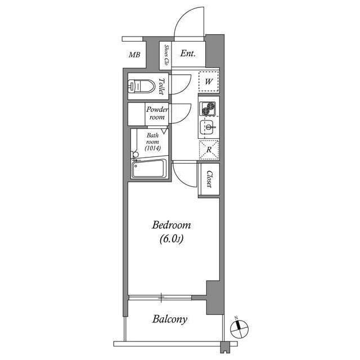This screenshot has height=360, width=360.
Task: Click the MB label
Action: tap(134, 55)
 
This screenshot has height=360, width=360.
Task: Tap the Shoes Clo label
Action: tap(166, 55)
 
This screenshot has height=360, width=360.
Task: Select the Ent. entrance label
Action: tap(188, 54)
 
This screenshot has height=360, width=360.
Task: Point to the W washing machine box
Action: tap(208, 82)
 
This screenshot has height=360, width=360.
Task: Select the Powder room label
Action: tap(157, 113)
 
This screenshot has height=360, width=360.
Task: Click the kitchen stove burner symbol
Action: tap(208, 107)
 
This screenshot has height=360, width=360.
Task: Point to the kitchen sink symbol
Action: tap(208, 128)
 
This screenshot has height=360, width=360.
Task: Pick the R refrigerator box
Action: tap(208, 150)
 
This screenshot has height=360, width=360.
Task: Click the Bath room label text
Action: tap(152, 139)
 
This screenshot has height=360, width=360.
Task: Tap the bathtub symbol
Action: tap(148, 169)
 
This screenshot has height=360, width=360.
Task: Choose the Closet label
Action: tap(209, 179)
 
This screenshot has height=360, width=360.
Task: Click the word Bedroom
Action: tap(172, 226)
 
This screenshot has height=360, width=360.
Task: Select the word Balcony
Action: tap(170, 319)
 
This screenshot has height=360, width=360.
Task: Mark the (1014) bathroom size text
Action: tap(152, 148)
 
